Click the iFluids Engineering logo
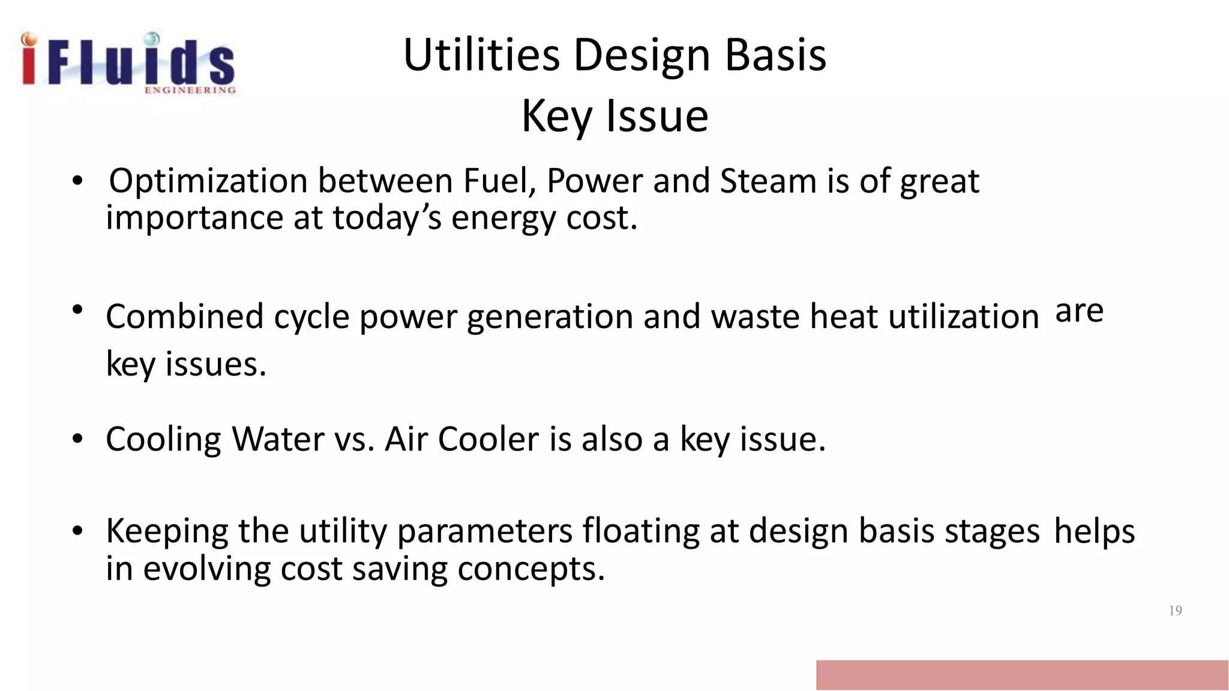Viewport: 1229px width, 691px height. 128,63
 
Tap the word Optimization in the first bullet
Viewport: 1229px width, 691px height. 208,181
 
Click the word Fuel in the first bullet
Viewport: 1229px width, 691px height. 499,181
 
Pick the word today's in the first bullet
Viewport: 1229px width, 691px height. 387,218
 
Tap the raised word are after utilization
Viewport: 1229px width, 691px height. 1079,311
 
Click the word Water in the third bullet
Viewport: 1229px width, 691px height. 278,439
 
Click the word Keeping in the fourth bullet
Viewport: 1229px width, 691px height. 167,531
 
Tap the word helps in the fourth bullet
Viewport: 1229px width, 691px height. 1094,531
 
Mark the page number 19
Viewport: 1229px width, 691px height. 1175,611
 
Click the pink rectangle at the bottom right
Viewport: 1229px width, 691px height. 1021,675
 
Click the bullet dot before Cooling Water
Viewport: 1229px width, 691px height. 77,440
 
